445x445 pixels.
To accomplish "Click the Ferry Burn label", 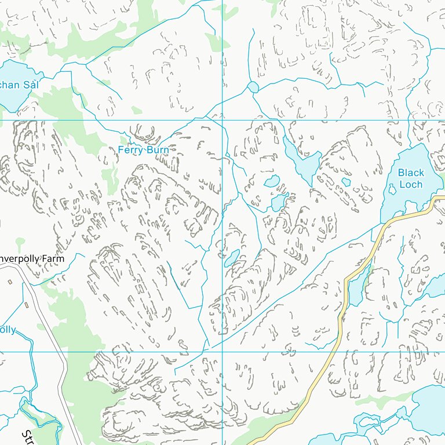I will tap(143, 150).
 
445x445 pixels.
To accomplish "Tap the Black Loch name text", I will tap(411, 178).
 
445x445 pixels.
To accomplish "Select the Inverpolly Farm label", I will tap(31, 258).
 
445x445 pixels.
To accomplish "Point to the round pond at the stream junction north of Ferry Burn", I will tap(253, 87).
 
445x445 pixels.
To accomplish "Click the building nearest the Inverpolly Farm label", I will tap(10, 282).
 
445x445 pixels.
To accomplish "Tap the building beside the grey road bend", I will tap(27, 304).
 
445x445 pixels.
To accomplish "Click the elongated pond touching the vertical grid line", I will tap(232, 257).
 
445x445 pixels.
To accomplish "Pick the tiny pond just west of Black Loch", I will tap(346, 182).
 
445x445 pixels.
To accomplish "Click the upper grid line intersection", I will tap(223, 120).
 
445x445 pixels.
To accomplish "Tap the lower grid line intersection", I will tap(223, 351).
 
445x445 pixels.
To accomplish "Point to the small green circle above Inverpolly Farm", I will tap(20, 241).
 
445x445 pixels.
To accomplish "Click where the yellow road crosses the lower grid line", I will tap(335, 351).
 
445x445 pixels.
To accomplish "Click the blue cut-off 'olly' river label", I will tap(8, 330).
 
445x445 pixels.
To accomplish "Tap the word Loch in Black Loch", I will tap(411, 184).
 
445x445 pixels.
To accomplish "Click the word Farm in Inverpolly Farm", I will tap(53, 258).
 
